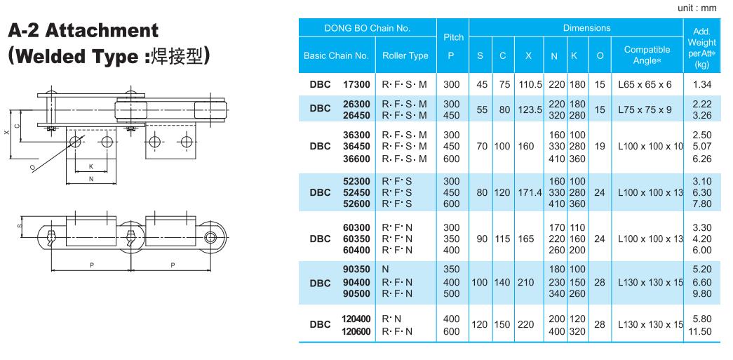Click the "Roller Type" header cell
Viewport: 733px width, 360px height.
pyautogui.click(x=405, y=55)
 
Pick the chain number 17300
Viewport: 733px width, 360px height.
pyautogui.click(x=356, y=84)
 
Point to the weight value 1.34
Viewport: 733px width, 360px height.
pyautogui.click(x=701, y=84)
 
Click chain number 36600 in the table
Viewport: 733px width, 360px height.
pyautogui.click(x=356, y=159)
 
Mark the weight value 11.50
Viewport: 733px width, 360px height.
pyautogui.click(x=701, y=331)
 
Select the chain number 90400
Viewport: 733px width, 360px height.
pyautogui.click(x=356, y=281)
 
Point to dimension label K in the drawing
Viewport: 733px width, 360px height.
pyautogui.click(x=91, y=166)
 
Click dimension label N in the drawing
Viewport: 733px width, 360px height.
pyautogui.click(x=91, y=178)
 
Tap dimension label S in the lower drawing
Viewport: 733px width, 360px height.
pyautogui.click(x=20, y=225)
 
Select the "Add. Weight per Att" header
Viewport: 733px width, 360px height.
pyautogui.click(x=701, y=46)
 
